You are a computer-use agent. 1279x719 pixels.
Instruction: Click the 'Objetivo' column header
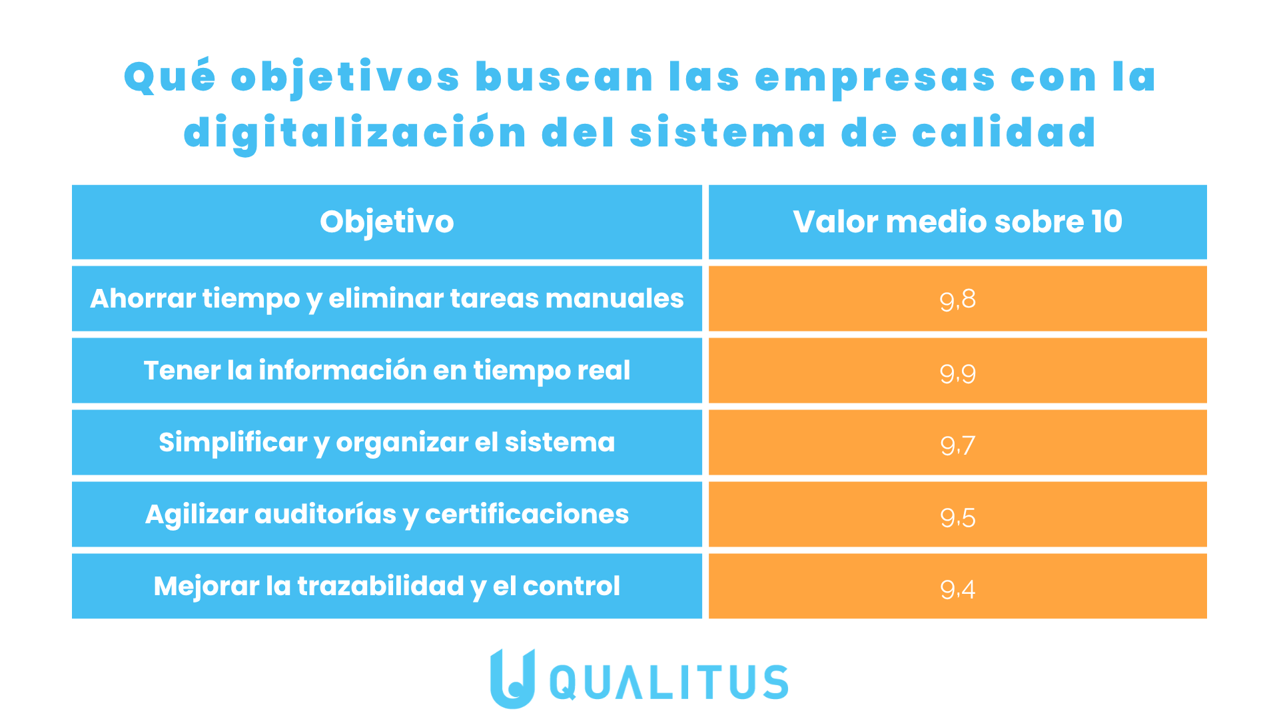click(387, 222)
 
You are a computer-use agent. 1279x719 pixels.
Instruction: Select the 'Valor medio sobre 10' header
click(957, 222)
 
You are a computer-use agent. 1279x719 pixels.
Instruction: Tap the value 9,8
click(957, 300)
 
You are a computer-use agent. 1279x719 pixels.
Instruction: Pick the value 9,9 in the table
click(957, 373)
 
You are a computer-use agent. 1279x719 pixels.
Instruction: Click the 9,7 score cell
click(957, 445)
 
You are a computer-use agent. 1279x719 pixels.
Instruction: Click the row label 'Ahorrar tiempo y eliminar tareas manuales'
click(387, 299)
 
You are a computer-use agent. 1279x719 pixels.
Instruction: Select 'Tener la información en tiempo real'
click(387, 371)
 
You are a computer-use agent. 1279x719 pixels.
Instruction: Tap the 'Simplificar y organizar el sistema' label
click(387, 443)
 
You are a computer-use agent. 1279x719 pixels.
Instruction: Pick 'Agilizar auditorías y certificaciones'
click(387, 515)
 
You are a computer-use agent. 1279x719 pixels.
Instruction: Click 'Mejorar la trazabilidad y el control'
click(387, 587)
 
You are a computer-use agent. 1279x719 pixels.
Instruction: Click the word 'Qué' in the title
click(170, 77)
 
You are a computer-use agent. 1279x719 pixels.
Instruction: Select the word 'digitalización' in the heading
click(355, 132)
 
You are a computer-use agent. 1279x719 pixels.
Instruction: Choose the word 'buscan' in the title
click(565, 77)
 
